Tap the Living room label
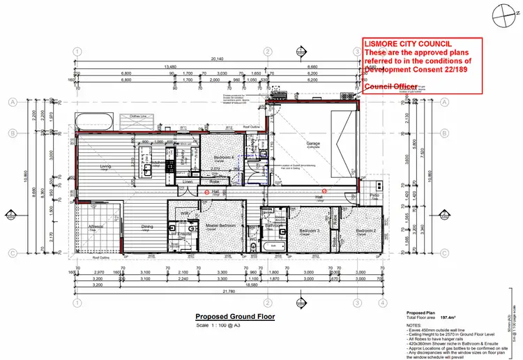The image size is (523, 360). (106, 166)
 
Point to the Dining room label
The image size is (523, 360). (147, 227)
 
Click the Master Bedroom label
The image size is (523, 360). (218, 226)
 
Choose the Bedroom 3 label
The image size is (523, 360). (308, 230)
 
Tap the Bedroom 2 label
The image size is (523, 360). (365, 230)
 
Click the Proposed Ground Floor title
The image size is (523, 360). (235, 317)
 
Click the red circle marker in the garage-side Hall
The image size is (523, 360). (324, 190)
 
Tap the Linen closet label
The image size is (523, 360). (187, 181)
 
